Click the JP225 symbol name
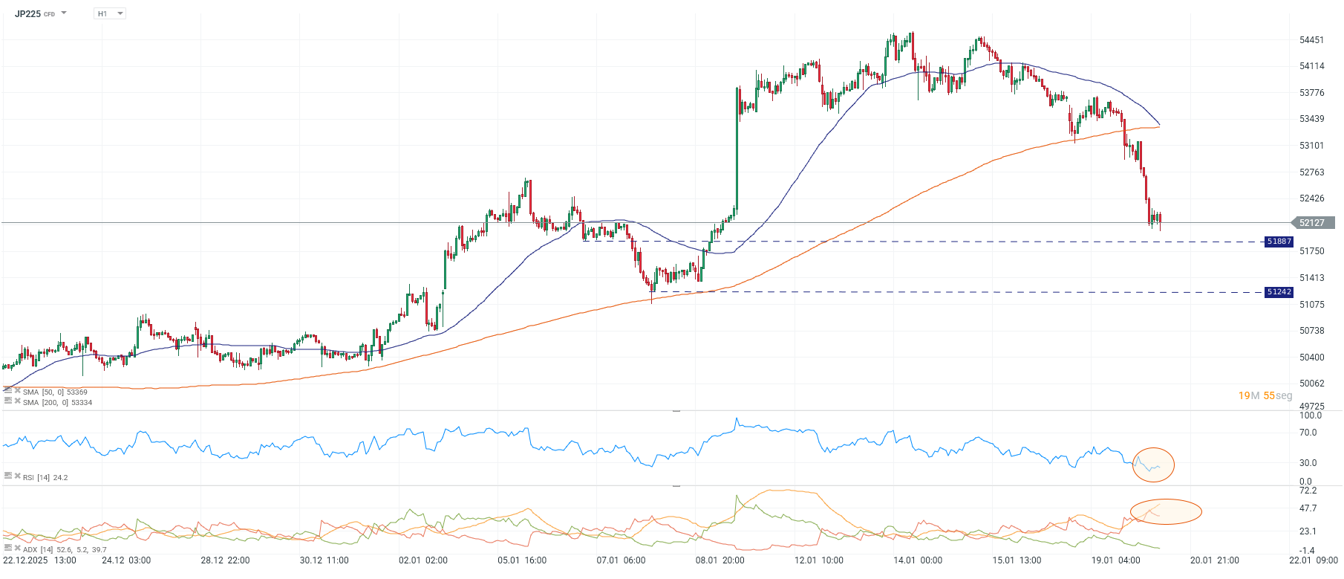tap(27, 13)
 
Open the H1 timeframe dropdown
tap(110, 13)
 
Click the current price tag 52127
tap(1312, 223)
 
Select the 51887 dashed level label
tap(1279, 242)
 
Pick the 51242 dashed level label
tap(1279, 292)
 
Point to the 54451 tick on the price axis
tap(1311, 40)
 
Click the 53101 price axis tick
tap(1311, 146)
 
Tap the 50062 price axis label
tap(1311, 384)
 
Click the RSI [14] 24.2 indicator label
tap(45, 477)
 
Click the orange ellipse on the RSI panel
tap(1153, 465)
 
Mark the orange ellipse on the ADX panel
tap(1166, 511)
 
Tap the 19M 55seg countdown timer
tap(1265, 395)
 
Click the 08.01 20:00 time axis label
tap(720, 560)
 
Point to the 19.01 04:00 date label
tap(1115, 560)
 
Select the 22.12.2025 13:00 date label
tap(39, 560)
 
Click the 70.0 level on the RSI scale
tap(1308, 433)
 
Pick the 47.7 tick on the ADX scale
tap(1308, 508)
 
